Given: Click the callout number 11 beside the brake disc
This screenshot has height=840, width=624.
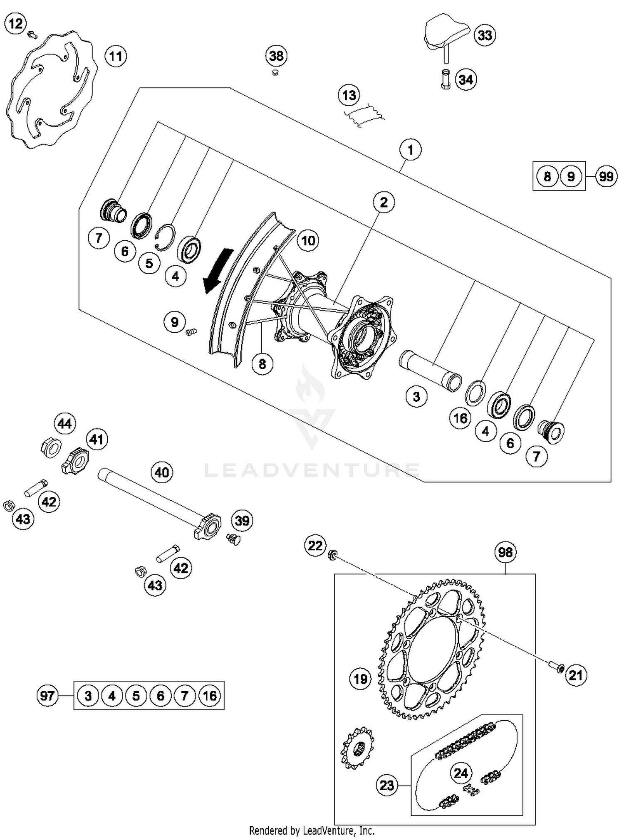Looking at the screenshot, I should click(x=115, y=56).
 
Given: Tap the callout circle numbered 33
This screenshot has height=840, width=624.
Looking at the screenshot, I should click(x=485, y=35).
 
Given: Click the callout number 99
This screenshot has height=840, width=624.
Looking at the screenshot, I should click(x=606, y=176).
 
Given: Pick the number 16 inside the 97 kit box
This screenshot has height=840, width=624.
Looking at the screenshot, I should click(x=210, y=695).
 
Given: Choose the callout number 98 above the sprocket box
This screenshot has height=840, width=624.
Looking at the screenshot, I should click(x=505, y=552).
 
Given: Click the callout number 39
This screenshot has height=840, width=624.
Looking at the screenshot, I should click(x=242, y=520).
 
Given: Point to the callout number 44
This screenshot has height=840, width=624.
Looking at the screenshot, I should click(x=64, y=424).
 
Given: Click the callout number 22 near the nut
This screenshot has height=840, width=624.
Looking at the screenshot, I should click(x=315, y=545).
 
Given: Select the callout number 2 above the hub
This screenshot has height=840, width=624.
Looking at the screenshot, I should click(x=383, y=202).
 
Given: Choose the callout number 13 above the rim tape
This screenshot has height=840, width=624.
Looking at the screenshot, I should click(x=349, y=95).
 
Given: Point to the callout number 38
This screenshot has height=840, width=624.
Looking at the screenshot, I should click(x=276, y=56).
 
